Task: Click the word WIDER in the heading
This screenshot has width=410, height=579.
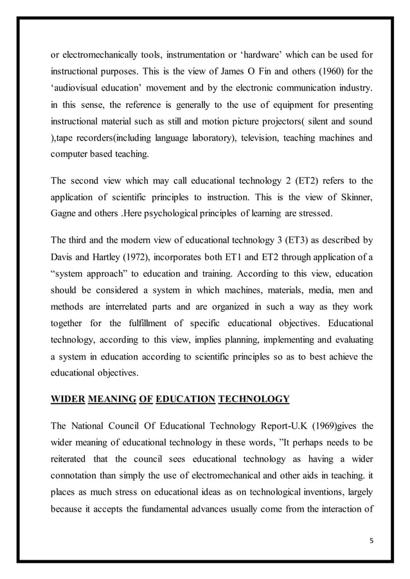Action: [x=67, y=399]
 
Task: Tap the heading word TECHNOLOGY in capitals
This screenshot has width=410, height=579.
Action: [x=254, y=399]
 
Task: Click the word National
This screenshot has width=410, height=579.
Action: [x=92, y=427]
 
